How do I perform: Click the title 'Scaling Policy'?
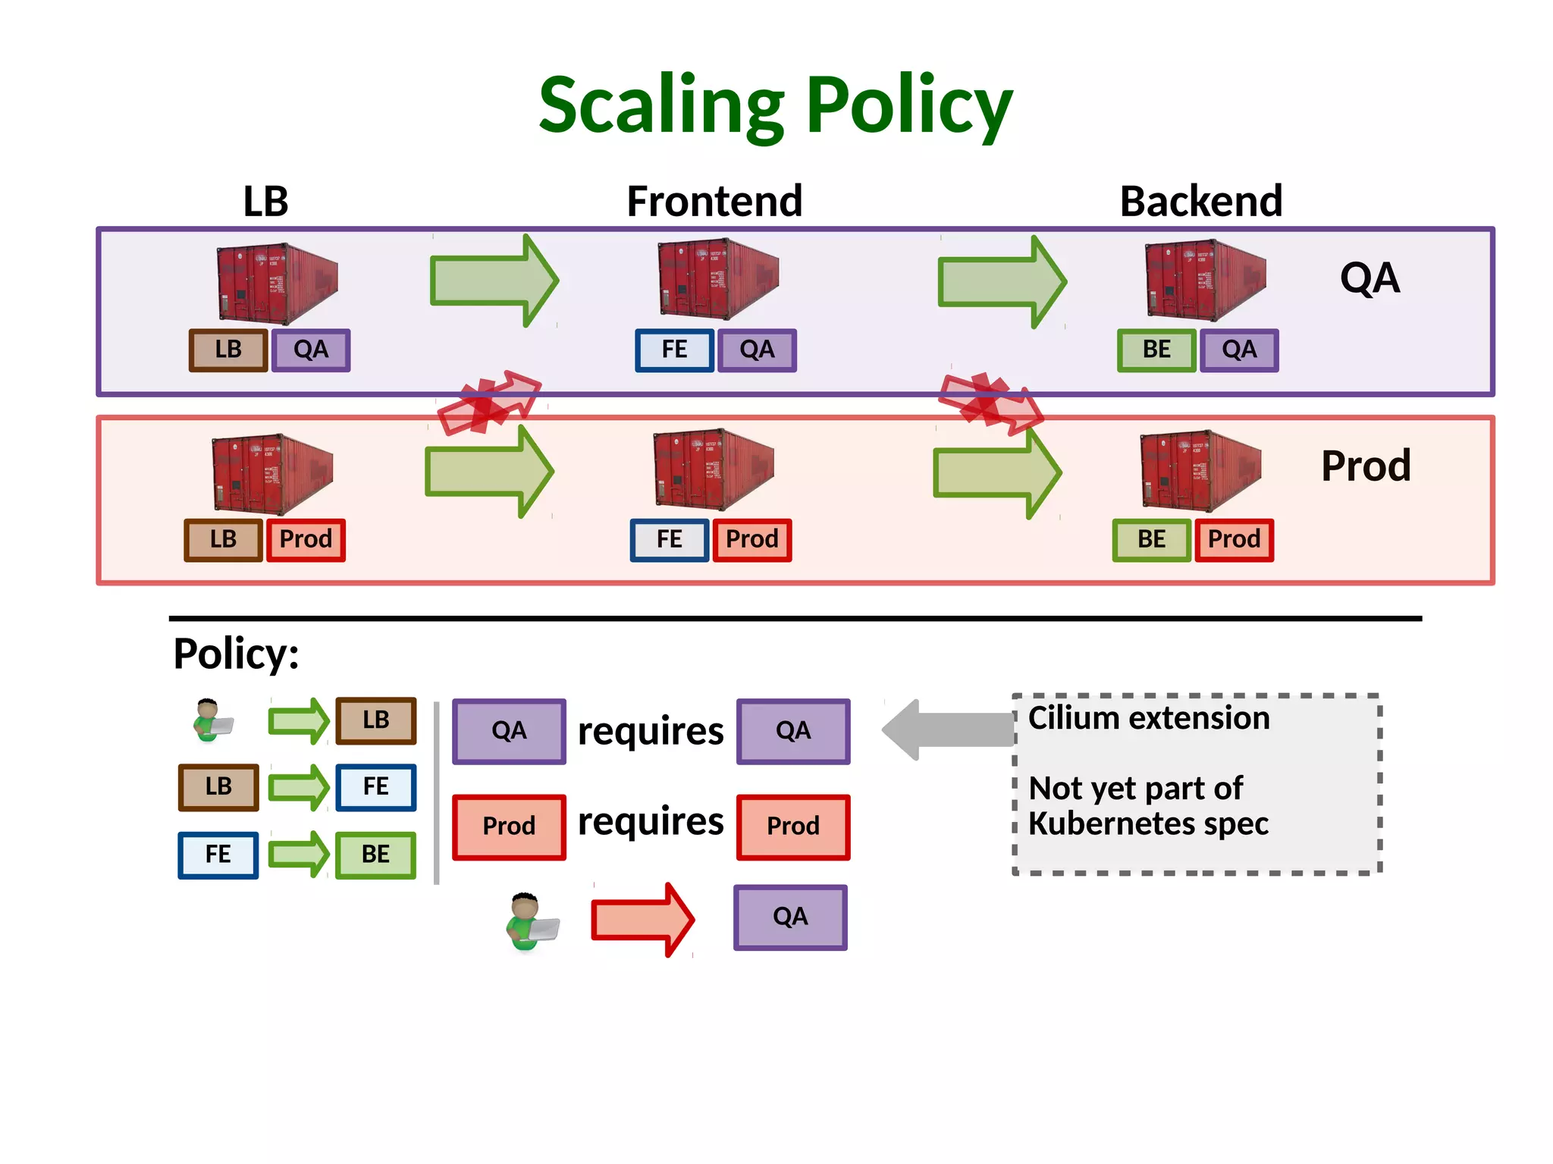coord(775,106)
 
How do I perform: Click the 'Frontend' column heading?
coord(714,202)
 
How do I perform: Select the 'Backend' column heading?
coord(1200,202)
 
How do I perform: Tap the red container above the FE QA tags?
coord(717,279)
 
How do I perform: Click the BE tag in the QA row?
coord(1156,350)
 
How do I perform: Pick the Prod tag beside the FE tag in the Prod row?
coord(751,540)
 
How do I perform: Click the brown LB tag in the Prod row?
coord(223,540)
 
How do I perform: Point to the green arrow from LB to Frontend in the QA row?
coord(493,281)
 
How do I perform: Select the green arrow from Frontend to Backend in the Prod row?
coord(996,472)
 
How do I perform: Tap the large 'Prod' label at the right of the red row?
coord(1365,466)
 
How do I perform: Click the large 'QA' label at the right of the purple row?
coord(1369,278)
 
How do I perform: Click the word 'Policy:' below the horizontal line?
coord(236,654)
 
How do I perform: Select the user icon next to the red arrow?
coord(532,921)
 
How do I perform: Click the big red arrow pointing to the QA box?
coord(642,920)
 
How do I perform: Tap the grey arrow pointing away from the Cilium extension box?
coord(948,729)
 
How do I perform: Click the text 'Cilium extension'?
coord(1148,717)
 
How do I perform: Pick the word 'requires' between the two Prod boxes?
coord(650,822)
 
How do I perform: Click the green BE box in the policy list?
coord(375,855)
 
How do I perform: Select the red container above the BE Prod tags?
coord(1200,470)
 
